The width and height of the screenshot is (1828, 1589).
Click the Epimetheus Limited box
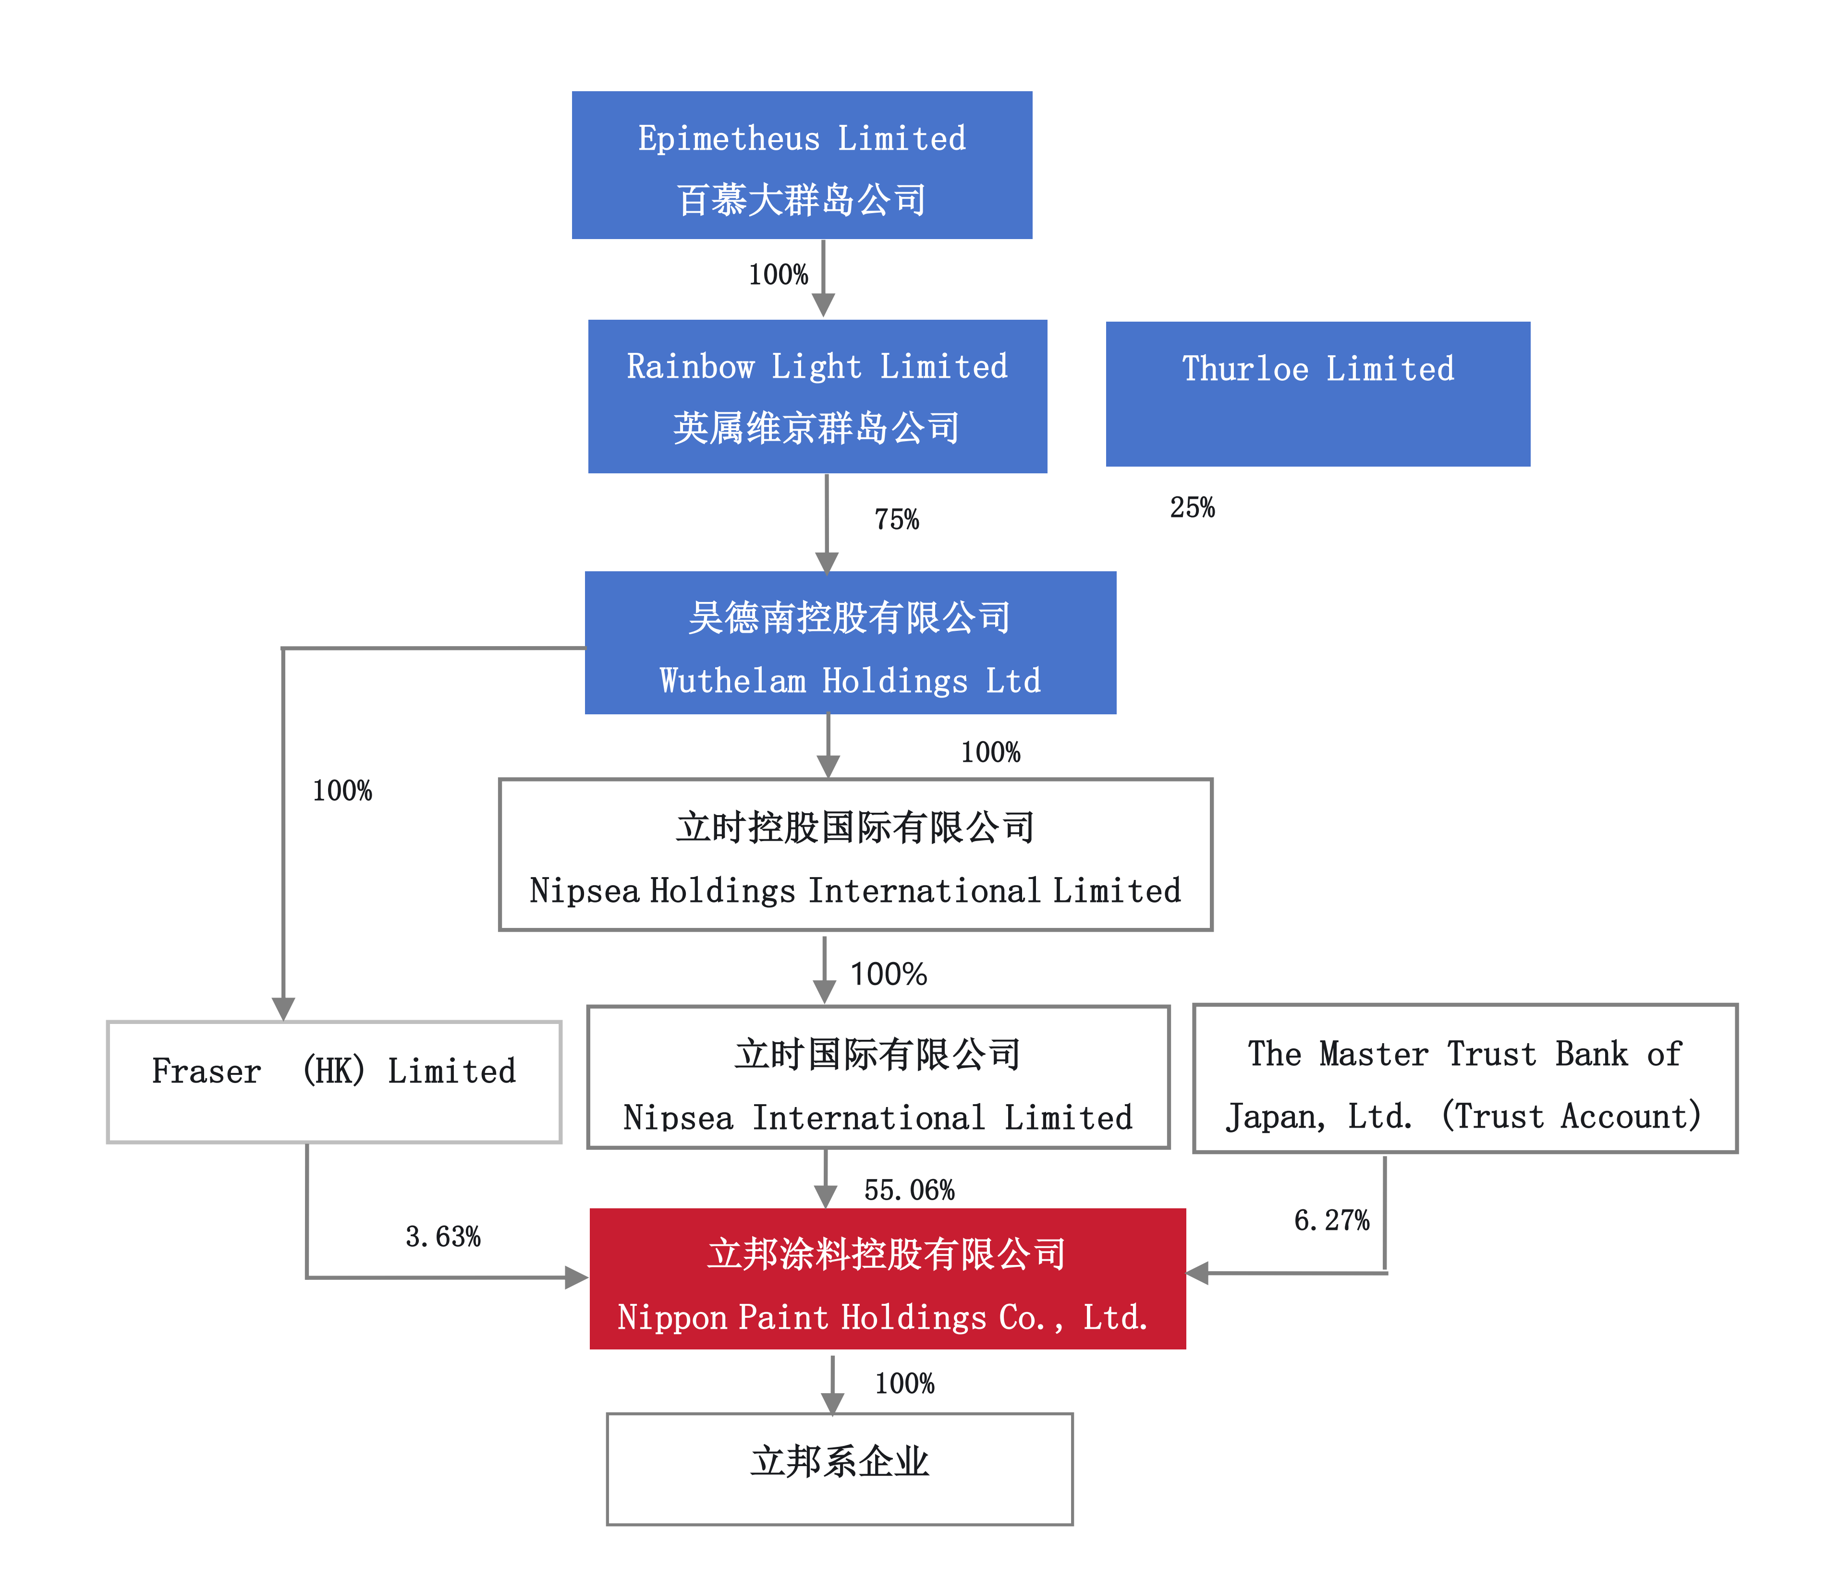pyautogui.click(x=801, y=165)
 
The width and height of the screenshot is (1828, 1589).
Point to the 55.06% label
pyautogui.click(x=909, y=1190)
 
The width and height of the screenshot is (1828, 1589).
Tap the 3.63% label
pyautogui.click(x=442, y=1236)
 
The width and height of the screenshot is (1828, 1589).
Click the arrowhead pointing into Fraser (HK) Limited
pyautogui.click(x=283, y=1009)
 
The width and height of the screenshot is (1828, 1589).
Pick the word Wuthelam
pyautogui.click(x=732, y=681)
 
